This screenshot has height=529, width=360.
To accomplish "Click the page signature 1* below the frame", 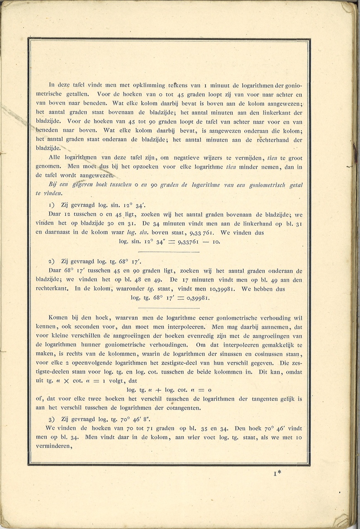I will coord(277,474).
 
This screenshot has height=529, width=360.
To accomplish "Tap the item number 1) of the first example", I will coord(52,205).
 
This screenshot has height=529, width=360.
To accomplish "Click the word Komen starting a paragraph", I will coord(57,318).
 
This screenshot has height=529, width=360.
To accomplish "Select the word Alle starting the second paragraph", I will coord(54,158).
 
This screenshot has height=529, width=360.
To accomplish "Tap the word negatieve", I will coord(177,158).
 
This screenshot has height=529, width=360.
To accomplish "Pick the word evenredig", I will coord(191,336).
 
